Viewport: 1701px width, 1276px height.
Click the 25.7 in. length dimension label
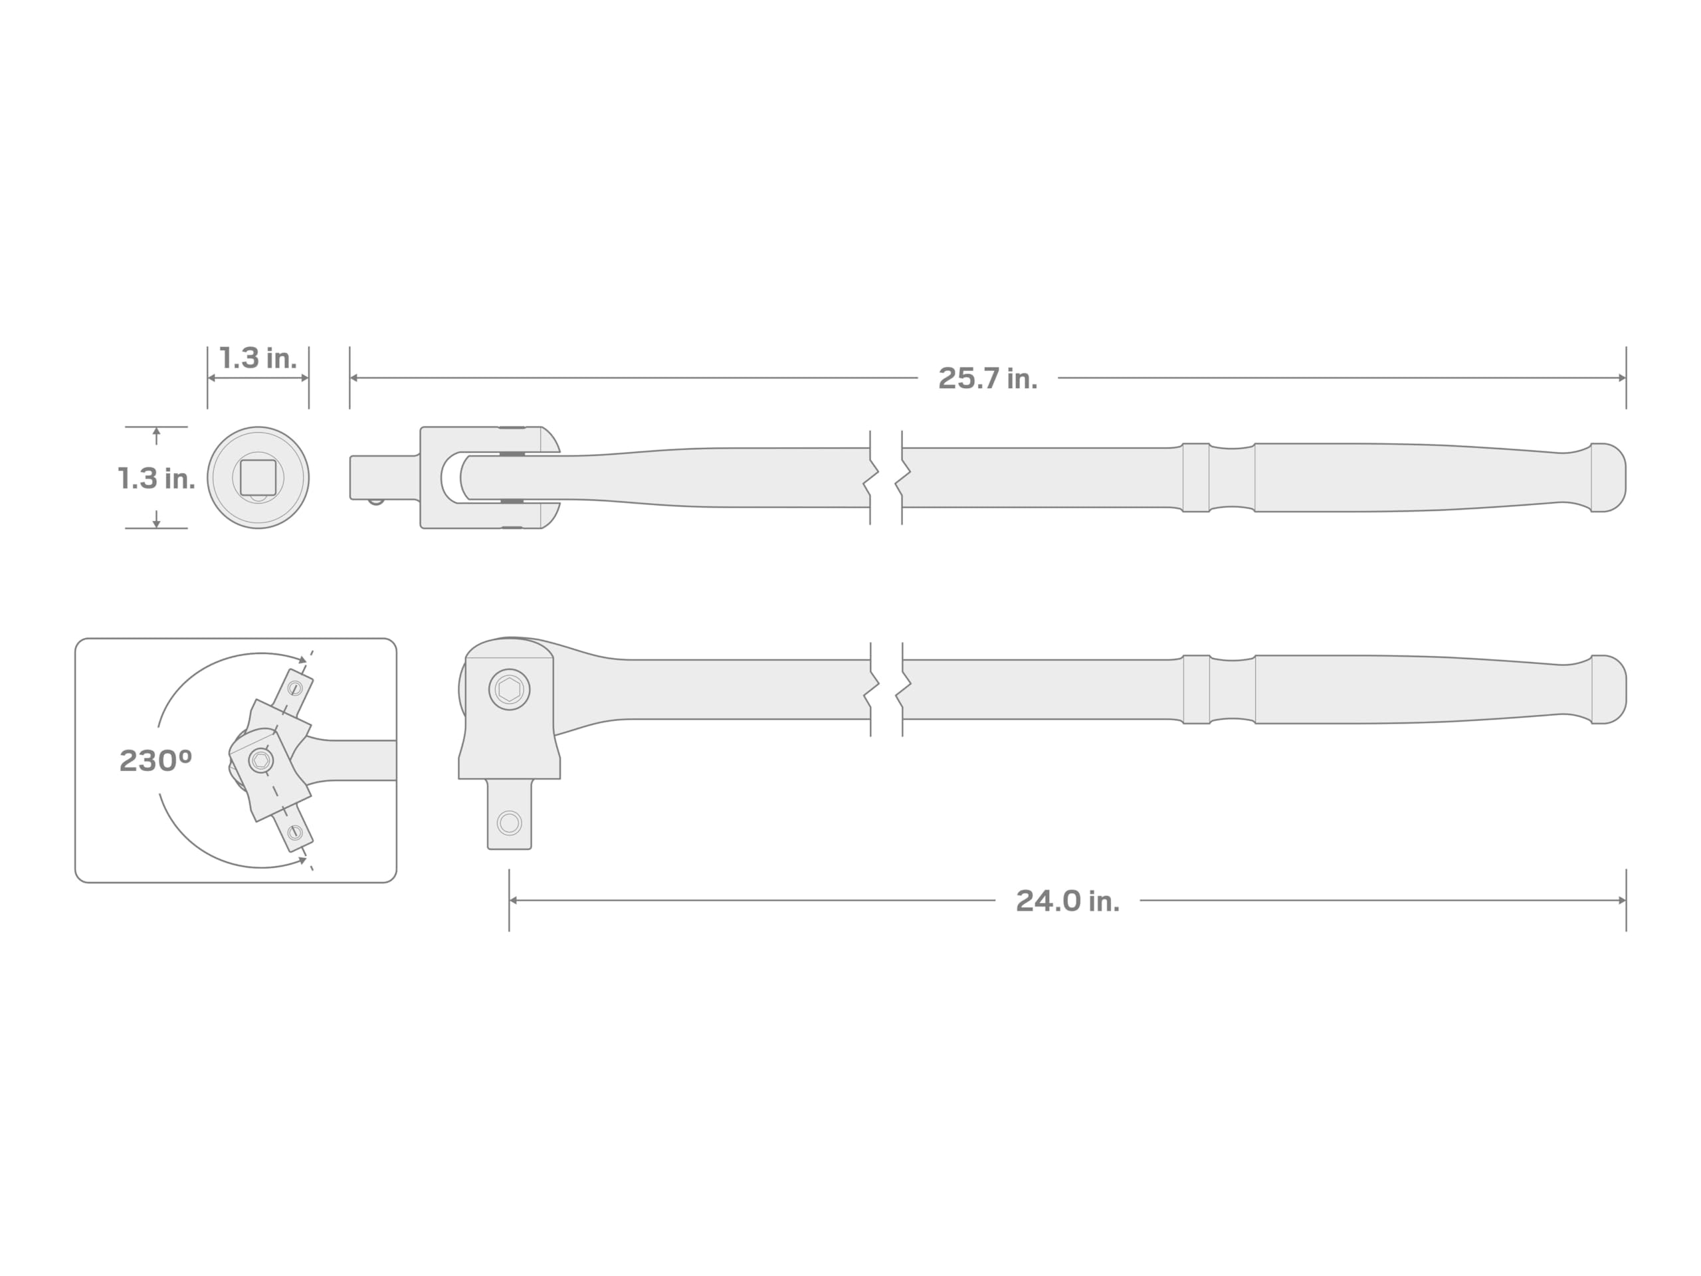pos(987,378)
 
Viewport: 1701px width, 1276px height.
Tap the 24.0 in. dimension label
pos(1067,901)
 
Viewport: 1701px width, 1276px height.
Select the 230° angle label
pos(155,761)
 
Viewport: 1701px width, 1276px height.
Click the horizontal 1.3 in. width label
pos(258,358)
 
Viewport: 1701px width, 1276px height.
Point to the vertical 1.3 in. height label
pos(156,478)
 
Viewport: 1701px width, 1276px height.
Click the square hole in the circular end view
pos(258,478)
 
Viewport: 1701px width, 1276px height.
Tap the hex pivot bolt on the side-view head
pos(509,689)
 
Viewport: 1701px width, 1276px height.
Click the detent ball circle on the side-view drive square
pos(509,823)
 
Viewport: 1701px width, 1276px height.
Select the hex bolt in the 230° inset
pos(260,761)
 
